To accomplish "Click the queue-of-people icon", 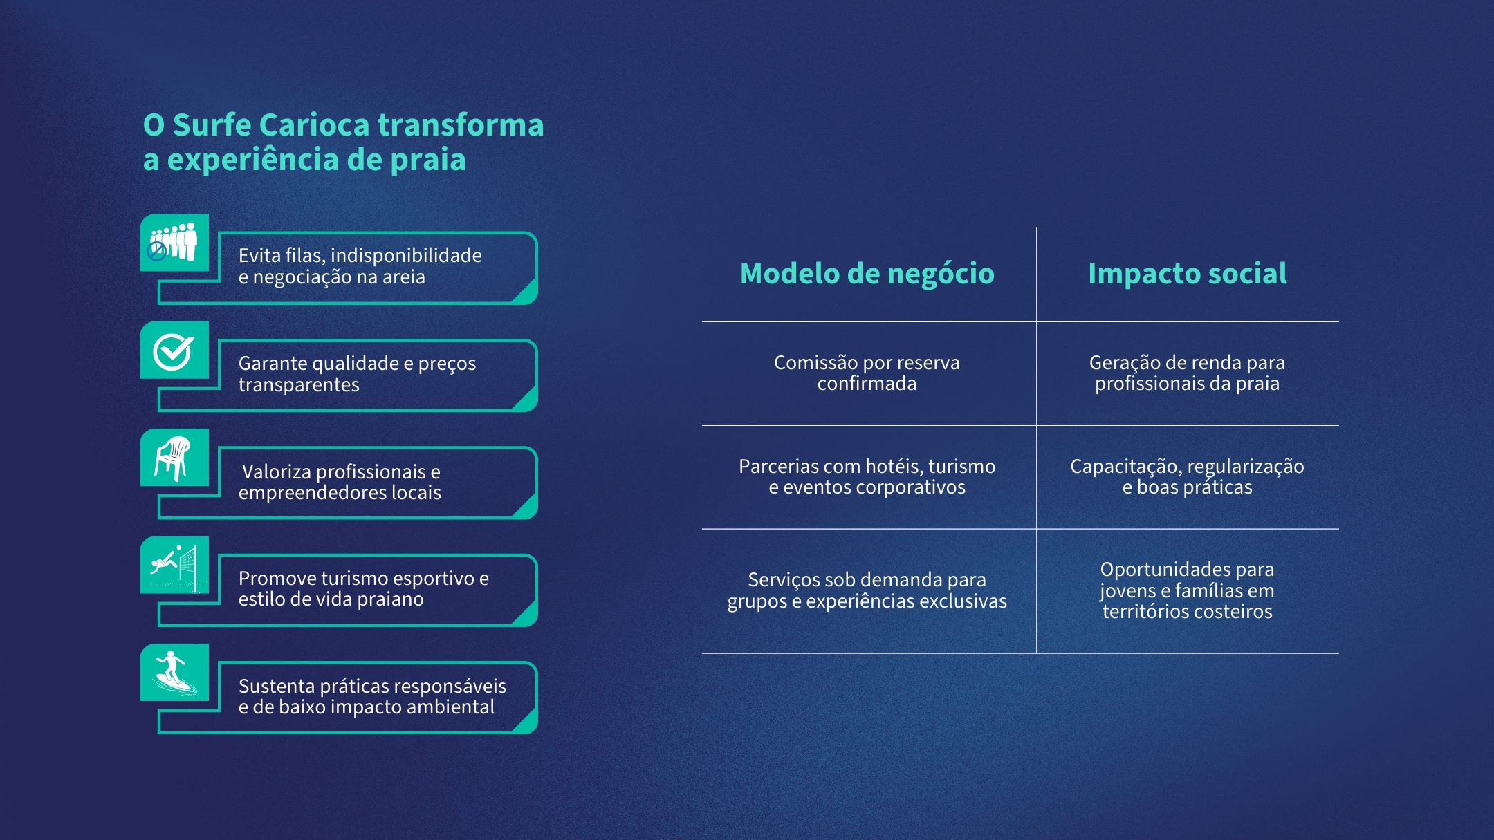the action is click(x=174, y=242).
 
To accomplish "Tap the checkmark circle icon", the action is click(x=174, y=351).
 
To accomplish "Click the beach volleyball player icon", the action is click(x=174, y=566).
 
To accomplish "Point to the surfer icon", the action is click(x=174, y=673).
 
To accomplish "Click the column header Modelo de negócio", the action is click(x=867, y=274).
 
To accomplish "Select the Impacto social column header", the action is click(x=1188, y=274).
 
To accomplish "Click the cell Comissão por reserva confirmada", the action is click(x=867, y=373).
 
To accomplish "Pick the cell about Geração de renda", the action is click(x=1187, y=373).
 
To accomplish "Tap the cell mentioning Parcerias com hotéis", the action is click(x=867, y=476).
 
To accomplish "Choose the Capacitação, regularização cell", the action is click(x=1187, y=476).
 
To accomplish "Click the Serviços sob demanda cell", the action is click(x=867, y=590).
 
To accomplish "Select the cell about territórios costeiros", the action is click(x=1187, y=590).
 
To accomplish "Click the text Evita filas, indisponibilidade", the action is click(x=360, y=255).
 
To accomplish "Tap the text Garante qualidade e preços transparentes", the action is click(x=357, y=373).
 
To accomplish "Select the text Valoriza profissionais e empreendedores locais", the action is click(x=340, y=482).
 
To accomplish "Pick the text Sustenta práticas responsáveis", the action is click(x=372, y=686).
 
